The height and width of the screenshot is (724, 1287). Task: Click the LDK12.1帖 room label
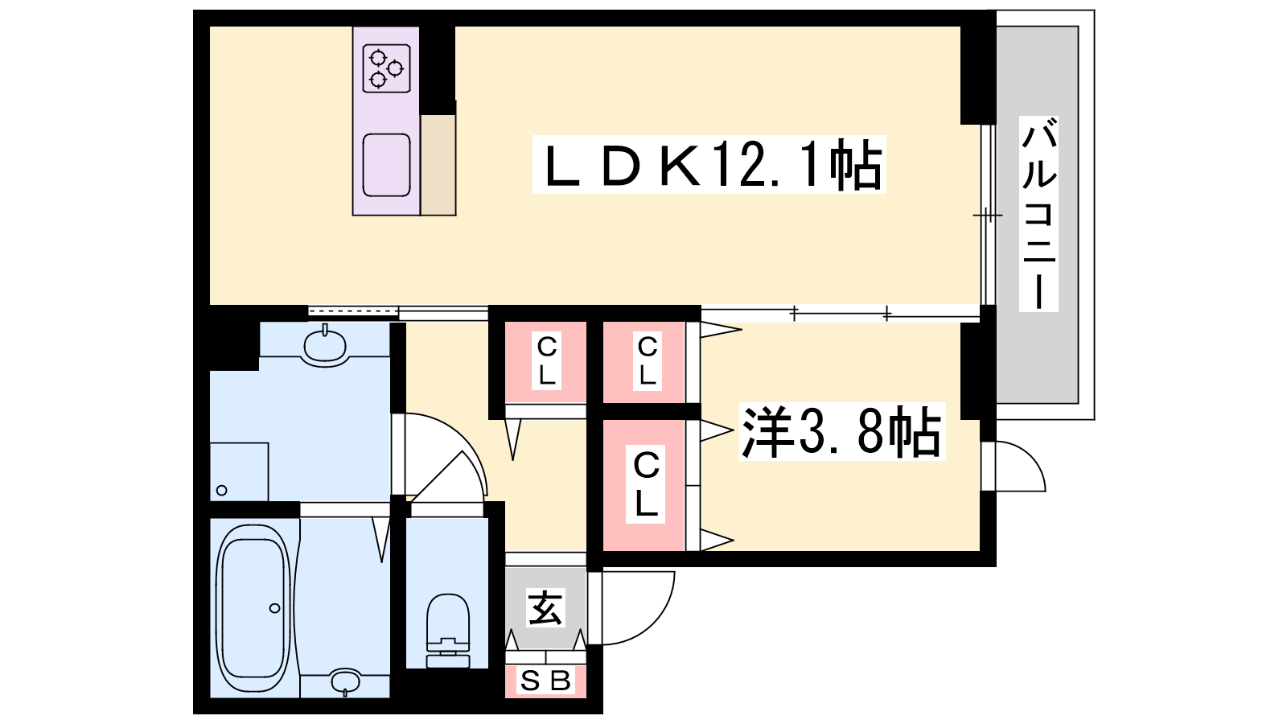709,165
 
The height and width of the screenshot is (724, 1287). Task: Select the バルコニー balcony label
1038,214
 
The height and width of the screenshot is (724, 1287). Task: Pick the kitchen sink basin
386,165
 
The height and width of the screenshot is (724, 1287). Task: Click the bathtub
253,607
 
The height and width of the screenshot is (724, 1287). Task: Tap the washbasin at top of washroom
325,346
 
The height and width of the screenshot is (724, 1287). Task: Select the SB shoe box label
545,681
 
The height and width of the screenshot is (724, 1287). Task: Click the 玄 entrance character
545,608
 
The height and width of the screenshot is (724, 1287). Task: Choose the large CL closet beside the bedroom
645,484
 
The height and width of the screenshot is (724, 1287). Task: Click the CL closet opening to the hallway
546,361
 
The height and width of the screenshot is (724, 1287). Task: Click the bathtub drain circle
275,608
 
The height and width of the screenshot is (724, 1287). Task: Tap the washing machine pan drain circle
222,490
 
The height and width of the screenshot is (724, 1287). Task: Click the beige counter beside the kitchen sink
438,165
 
